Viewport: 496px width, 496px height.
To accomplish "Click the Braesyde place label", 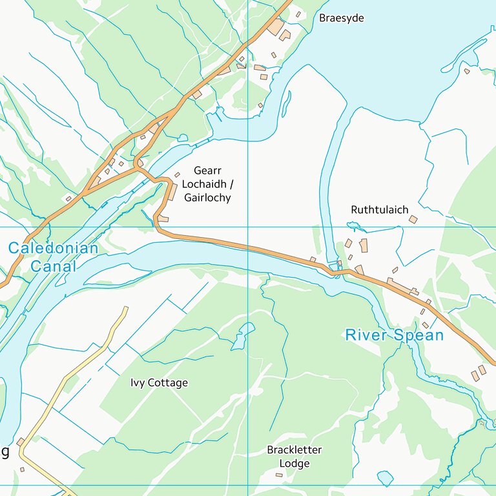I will tap(341, 18).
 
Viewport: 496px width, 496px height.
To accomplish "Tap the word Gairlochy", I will tap(207, 198).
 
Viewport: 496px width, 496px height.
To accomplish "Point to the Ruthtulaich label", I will tap(379, 210).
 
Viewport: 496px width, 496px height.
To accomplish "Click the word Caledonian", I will tap(53, 248).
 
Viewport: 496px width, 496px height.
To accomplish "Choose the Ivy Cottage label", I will tap(159, 383).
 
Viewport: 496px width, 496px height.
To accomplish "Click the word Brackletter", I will tap(294, 449).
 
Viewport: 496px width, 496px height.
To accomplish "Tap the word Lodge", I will tap(294, 464).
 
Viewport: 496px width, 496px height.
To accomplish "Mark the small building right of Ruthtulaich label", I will tap(413, 220).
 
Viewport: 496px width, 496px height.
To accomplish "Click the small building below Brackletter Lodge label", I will tap(279, 475).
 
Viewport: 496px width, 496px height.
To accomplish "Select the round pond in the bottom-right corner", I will tap(385, 478).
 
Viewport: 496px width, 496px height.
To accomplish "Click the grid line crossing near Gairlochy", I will tap(248, 227).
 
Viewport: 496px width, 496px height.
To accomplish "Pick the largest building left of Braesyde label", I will tap(276, 28).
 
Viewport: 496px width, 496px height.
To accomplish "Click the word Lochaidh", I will tap(207, 184).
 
